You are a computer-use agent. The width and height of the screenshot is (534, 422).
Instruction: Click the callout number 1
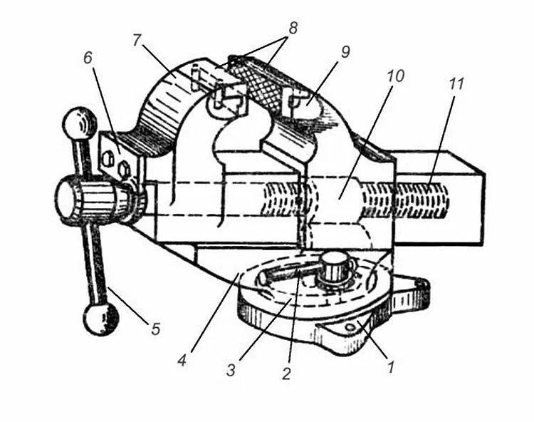click(x=389, y=368)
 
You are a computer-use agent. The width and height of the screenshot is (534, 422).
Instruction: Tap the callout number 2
click(x=286, y=373)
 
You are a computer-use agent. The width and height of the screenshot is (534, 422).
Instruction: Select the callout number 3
click(x=229, y=369)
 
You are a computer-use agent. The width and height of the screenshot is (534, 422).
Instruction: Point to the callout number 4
click(x=182, y=360)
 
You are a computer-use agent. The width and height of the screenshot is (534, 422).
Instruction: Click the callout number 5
click(x=155, y=329)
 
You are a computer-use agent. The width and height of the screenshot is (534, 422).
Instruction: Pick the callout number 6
click(x=88, y=58)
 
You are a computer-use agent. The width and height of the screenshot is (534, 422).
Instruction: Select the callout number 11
click(x=456, y=83)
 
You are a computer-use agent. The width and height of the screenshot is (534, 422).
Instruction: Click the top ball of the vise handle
click(x=80, y=123)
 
